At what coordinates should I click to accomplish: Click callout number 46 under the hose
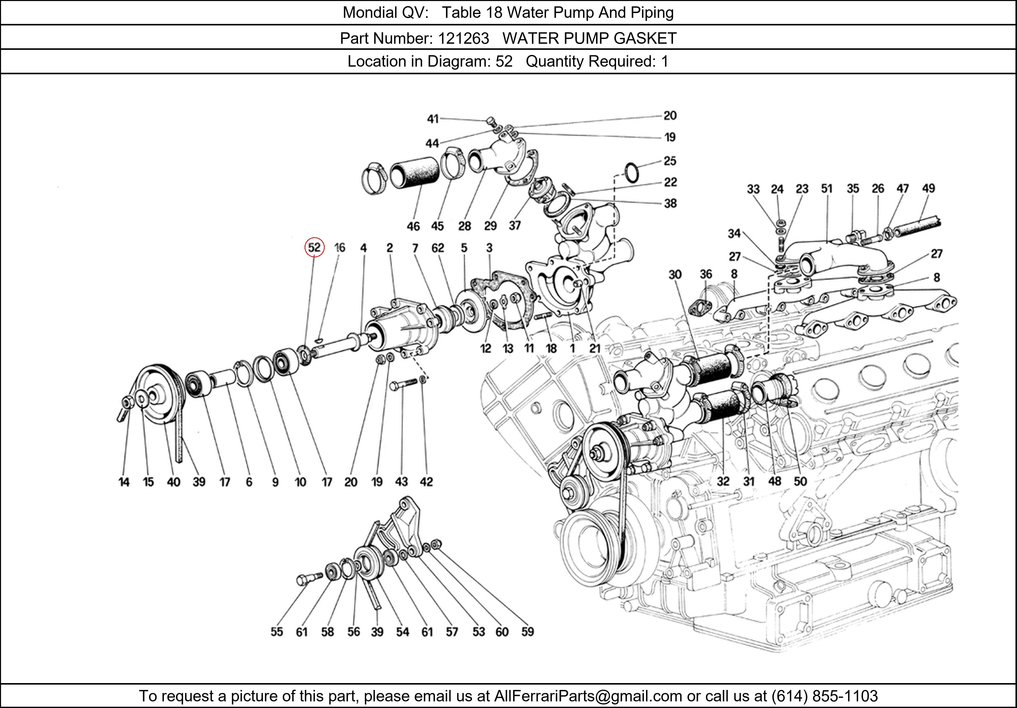tap(413, 226)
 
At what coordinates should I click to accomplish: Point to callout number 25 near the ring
tap(670, 161)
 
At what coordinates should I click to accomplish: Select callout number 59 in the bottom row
tap(527, 632)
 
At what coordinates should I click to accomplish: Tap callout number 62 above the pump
tap(438, 248)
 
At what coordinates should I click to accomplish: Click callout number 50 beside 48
tap(800, 481)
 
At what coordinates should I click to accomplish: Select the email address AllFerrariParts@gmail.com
tap(588, 696)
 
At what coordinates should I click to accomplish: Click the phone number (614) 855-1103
tap(824, 696)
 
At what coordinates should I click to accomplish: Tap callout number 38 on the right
tap(670, 203)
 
